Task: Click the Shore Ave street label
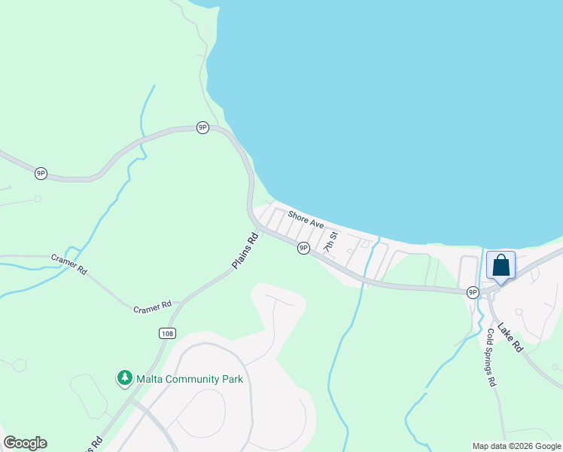pos(306,219)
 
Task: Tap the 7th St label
pos(330,242)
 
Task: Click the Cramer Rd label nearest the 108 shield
pos(152,308)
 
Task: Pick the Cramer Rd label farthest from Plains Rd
pos(69,264)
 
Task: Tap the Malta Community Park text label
pos(190,379)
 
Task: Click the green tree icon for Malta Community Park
pos(123,377)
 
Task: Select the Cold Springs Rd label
pos(491,357)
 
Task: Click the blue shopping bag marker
pos(501,267)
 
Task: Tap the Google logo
pos(25,443)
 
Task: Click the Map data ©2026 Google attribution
pos(517,446)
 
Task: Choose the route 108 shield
pos(167,332)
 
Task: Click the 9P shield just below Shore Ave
pos(303,247)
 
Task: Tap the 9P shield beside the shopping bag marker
pos(473,292)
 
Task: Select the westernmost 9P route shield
pos(41,173)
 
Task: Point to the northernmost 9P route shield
pos(202,127)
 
